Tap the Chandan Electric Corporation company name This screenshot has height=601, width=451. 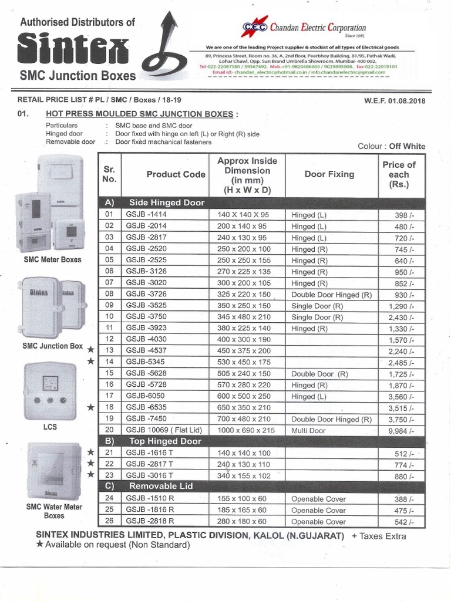[318, 28]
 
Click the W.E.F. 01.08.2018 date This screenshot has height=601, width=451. [395, 100]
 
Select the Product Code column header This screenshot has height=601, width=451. [176, 174]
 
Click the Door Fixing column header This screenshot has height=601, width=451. [329, 174]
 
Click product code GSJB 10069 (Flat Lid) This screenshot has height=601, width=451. [161, 431]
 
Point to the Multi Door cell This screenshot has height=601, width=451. [309, 431]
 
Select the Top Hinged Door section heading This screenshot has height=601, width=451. [165, 441]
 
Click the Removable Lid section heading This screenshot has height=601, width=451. [160, 487]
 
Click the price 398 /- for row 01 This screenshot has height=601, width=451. [405, 215]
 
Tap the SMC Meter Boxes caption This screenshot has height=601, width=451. [52, 259]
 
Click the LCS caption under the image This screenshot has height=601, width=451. [50, 427]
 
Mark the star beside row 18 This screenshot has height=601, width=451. [90, 407]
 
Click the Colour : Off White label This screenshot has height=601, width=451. [391, 146]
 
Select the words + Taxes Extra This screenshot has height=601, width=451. [379, 536]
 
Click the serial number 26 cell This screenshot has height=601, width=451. [109, 521]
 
